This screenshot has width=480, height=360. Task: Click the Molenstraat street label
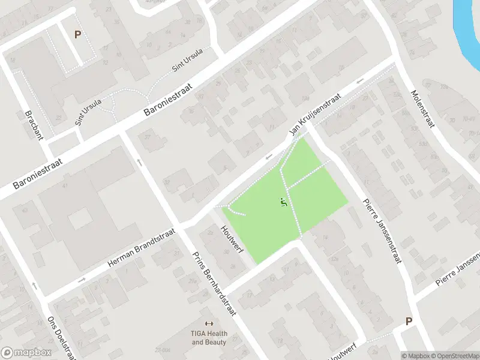pyautogui.click(x=422, y=109)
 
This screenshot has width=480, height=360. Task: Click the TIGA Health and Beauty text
pyautogui.click(x=209, y=338)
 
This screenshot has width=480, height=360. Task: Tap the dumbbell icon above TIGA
pyautogui.click(x=209, y=323)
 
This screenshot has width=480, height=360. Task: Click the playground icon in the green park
pyautogui.click(x=284, y=203)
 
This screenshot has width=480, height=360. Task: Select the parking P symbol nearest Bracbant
pyautogui.click(x=77, y=35)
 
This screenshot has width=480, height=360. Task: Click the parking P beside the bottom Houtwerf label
pyautogui.click(x=409, y=321)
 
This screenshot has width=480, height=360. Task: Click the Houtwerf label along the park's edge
pyautogui.click(x=231, y=239)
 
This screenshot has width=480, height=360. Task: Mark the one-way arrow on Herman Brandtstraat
pyautogui.click(x=82, y=280)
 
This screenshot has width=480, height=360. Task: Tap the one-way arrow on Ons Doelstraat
pyautogui.click(x=34, y=286)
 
